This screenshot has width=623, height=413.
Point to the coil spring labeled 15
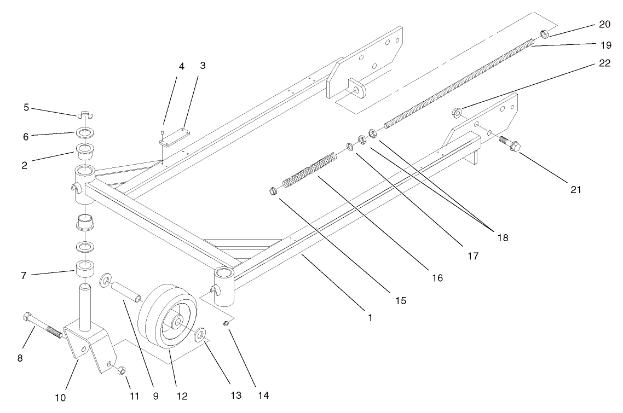(x=308, y=171)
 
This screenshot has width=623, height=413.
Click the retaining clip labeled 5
(x=83, y=115)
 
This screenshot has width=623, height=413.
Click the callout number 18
(x=502, y=238)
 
